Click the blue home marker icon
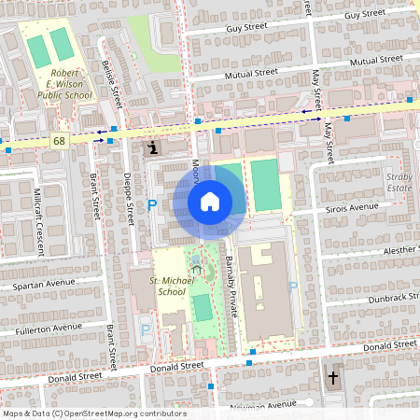click(209, 202)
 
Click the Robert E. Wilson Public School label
click(64, 83)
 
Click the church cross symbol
click(334, 378)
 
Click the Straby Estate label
click(399, 181)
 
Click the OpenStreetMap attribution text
click(93, 413)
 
